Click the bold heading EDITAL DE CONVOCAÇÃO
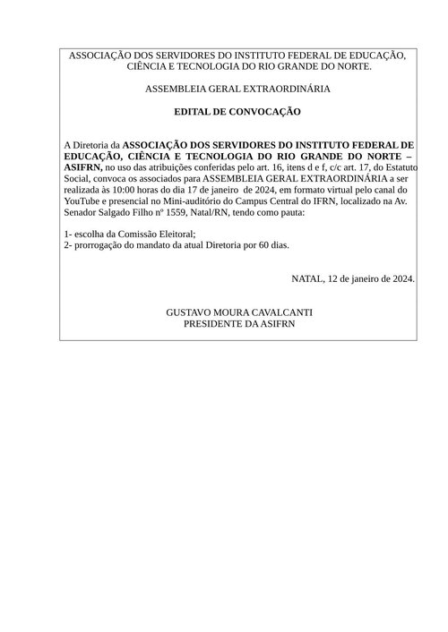[237, 112]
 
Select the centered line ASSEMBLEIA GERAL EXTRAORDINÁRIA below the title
[237, 90]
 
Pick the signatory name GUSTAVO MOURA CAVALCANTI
[238, 312]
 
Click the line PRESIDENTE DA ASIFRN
[238, 323]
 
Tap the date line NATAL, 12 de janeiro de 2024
[353, 278]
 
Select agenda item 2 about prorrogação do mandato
[177, 244]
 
